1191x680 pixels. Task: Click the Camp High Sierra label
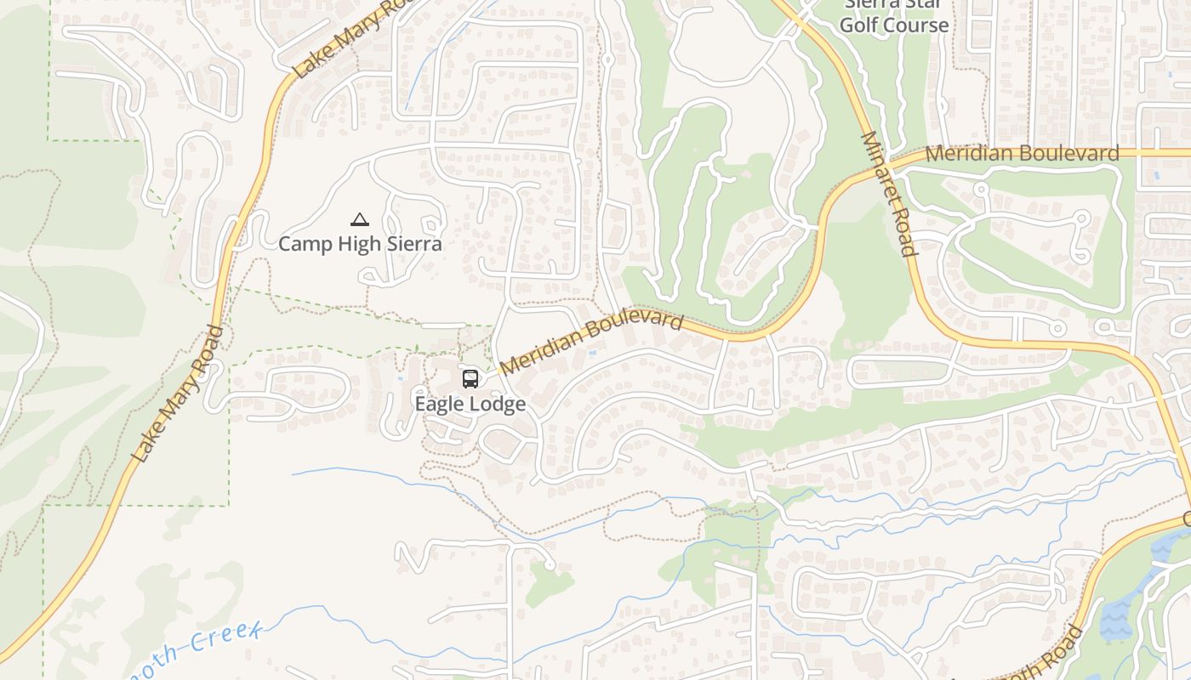tap(360, 244)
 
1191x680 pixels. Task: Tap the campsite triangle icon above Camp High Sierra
tap(360, 220)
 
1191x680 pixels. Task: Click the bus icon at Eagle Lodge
tap(470, 379)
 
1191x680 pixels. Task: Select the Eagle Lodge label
tap(470, 404)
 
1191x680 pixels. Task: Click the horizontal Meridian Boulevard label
tap(1022, 154)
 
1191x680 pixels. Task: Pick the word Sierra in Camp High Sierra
tap(412, 244)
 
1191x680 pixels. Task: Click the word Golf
tap(859, 25)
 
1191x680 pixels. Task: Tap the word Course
tap(917, 25)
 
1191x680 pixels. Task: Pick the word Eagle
tap(440, 404)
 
